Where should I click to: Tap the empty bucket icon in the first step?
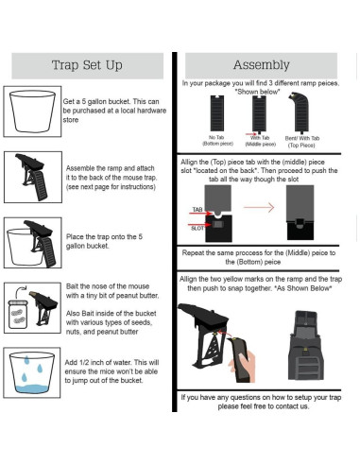coord(30,108)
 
